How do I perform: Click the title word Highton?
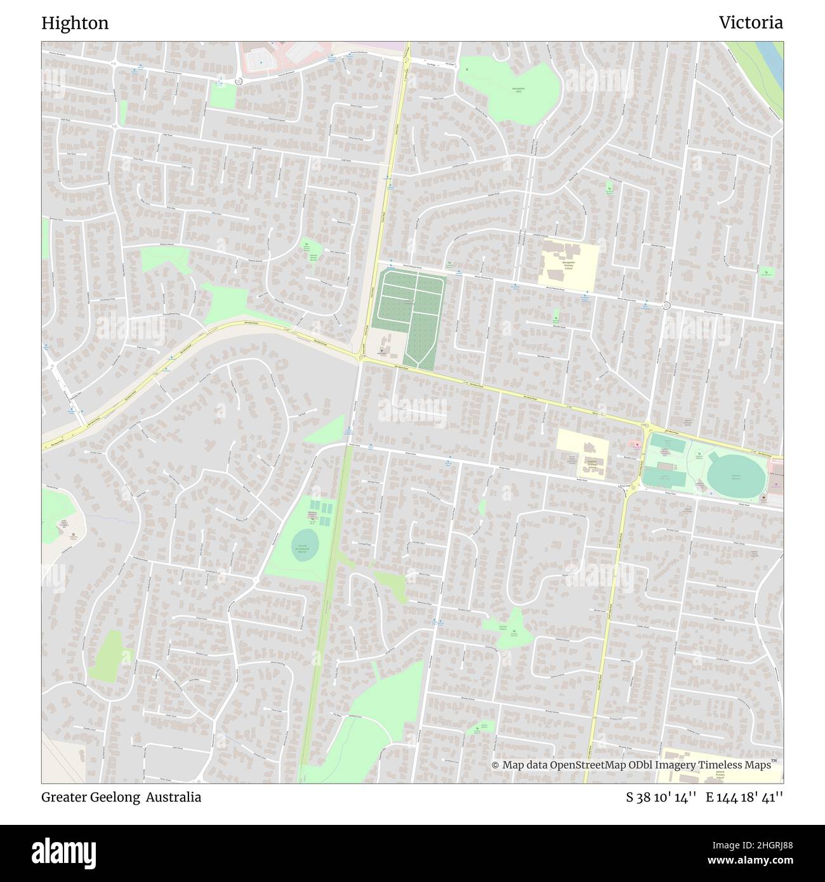[75, 23]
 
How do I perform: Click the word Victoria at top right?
[750, 23]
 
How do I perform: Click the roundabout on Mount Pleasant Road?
[666, 305]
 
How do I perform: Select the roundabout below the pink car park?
[239, 81]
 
